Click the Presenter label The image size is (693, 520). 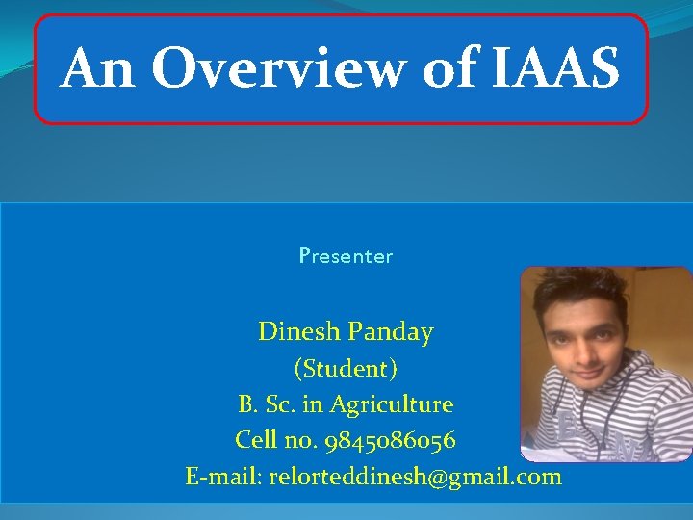[346, 256]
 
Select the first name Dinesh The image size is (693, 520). [299, 332]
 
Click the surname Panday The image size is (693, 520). [391, 332]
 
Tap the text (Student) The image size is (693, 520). [346, 368]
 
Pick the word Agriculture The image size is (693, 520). [392, 404]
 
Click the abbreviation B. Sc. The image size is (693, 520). [269, 404]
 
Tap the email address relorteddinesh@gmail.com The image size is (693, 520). [416, 476]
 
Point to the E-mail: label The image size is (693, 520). [224, 476]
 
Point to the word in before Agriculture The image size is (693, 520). [316, 404]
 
